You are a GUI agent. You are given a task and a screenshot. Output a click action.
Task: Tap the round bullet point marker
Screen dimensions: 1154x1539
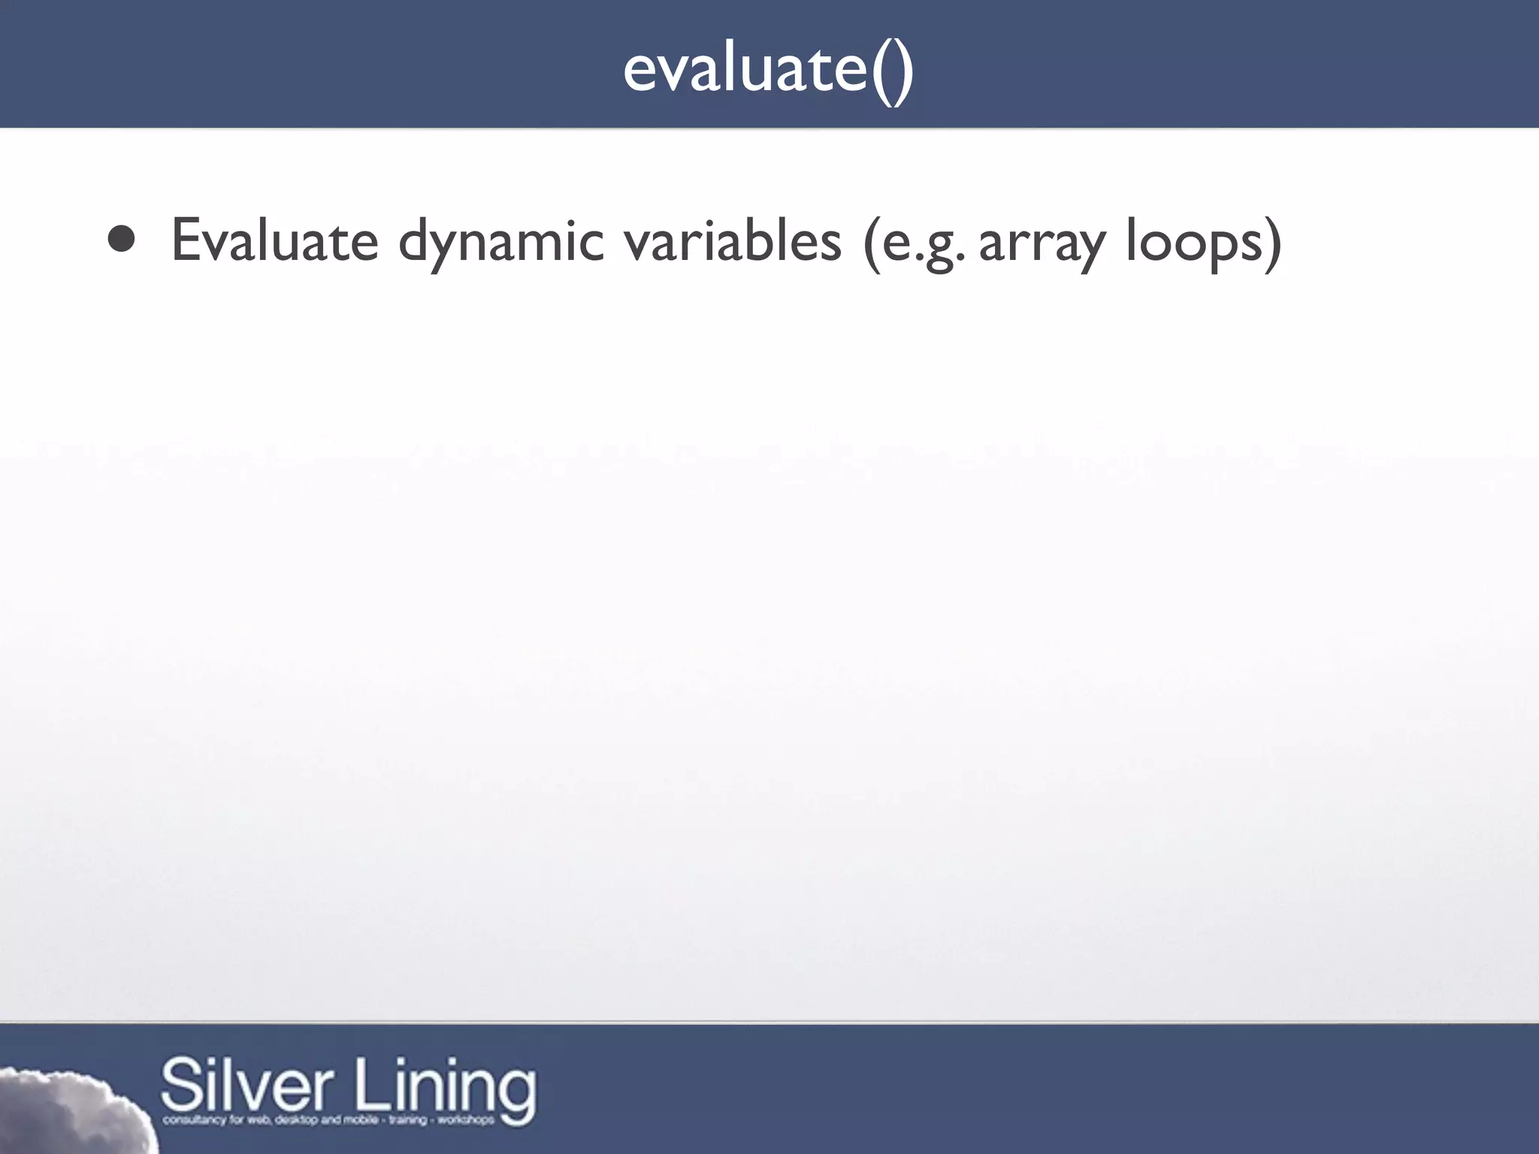(x=121, y=240)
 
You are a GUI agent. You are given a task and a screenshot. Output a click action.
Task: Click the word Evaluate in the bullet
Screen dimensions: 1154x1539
(x=274, y=241)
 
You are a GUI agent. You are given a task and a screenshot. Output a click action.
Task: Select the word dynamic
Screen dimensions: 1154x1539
(x=500, y=243)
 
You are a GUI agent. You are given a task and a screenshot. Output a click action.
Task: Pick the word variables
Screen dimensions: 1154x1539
(x=733, y=241)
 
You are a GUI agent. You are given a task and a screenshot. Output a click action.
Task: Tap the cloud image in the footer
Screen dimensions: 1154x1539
(x=68, y=1112)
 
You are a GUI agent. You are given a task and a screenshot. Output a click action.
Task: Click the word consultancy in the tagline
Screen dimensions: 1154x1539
(x=191, y=1120)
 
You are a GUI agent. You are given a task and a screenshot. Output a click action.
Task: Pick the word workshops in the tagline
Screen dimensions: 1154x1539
(x=466, y=1119)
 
